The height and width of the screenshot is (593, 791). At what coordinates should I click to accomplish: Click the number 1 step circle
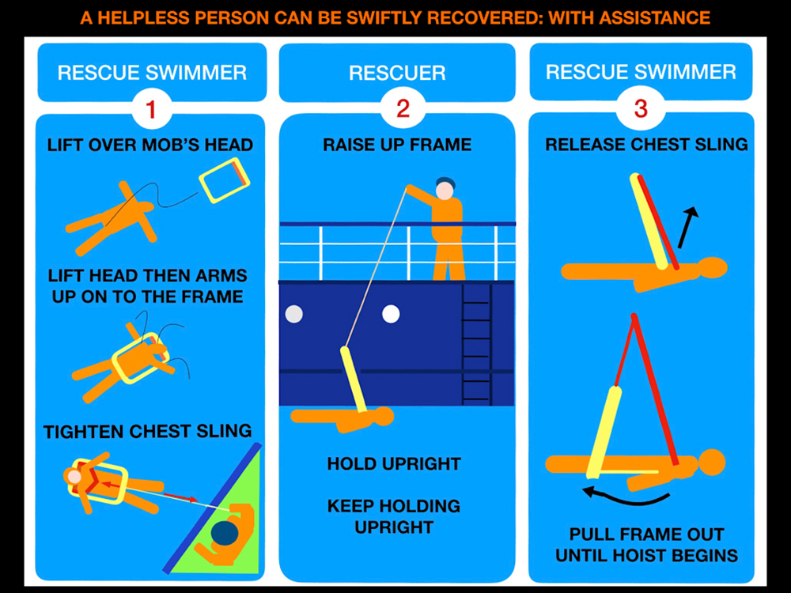(x=151, y=109)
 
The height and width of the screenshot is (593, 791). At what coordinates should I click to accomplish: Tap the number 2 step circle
(x=403, y=108)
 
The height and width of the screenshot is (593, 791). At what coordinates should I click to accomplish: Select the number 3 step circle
(x=641, y=108)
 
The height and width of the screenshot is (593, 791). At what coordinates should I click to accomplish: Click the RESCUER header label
(x=398, y=73)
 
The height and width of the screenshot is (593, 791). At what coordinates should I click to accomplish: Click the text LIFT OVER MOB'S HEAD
(x=150, y=145)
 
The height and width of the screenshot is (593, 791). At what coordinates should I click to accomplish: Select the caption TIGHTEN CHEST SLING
(x=147, y=432)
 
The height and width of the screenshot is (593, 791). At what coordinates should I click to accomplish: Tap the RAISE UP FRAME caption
(x=398, y=145)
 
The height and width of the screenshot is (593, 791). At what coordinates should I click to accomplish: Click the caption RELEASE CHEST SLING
(x=647, y=145)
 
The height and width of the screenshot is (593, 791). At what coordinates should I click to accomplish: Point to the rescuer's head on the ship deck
(x=445, y=189)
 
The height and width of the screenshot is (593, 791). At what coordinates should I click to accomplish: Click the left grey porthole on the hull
(x=294, y=314)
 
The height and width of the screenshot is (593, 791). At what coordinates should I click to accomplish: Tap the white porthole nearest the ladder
(x=391, y=314)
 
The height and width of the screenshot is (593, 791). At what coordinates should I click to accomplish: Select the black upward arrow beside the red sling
(x=688, y=227)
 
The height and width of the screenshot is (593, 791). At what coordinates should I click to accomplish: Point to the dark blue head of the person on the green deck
(x=225, y=534)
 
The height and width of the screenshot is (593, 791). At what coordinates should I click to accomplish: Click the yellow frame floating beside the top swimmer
(x=225, y=180)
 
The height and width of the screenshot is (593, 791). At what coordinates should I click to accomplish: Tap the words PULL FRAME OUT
(x=647, y=534)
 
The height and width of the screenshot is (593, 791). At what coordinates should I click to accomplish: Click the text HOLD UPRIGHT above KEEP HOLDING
(x=394, y=464)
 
